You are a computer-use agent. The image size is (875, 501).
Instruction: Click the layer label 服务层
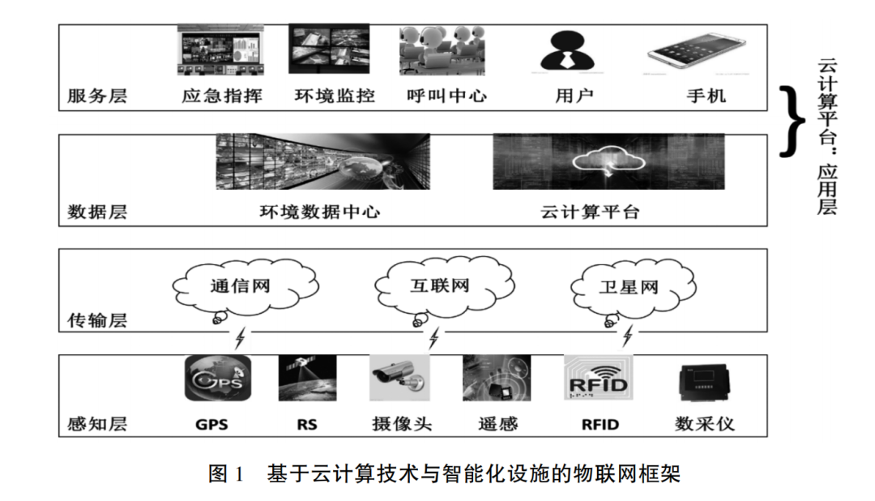pos(97,96)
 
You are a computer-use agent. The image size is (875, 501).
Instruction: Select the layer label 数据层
pos(97,212)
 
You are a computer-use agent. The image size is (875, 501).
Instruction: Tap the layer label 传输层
pos(97,320)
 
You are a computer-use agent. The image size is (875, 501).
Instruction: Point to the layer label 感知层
pos(97,423)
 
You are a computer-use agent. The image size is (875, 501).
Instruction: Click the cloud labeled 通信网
pos(241,286)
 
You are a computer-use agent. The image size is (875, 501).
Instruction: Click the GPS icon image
pos(218,378)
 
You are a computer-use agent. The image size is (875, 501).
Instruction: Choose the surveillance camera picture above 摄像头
pos(400,378)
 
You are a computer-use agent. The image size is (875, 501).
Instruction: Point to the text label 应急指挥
pos(222,96)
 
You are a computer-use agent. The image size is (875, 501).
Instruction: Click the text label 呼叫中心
pos(446,96)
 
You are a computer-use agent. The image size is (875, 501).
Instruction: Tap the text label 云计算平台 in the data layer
pos(590,212)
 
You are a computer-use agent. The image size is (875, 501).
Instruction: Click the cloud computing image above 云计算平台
pos(608,162)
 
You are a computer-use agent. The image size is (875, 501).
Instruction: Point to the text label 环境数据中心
pos(319,212)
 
